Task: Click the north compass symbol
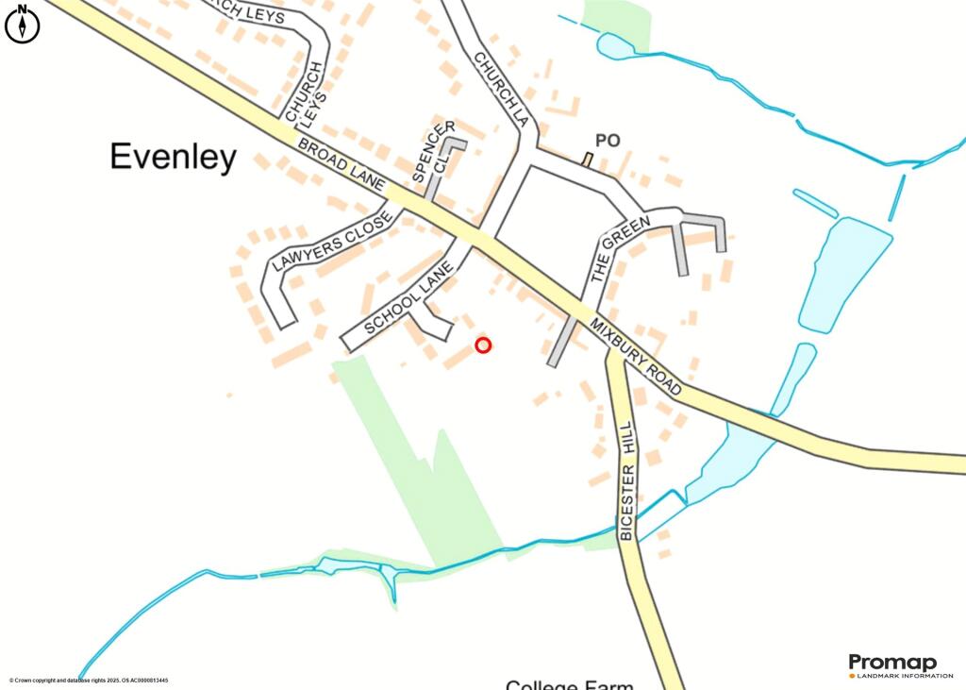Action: tap(23, 25)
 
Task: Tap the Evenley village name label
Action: tap(173, 157)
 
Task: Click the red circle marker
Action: tap(483, 345)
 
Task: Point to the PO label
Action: tap(607, 141)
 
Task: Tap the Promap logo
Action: tap(891, 662)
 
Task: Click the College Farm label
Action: tap(569, 684)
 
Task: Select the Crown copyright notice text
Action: tap(89, 681)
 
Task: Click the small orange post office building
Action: tap(587, 160)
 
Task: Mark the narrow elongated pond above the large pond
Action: tap(815, 204)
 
